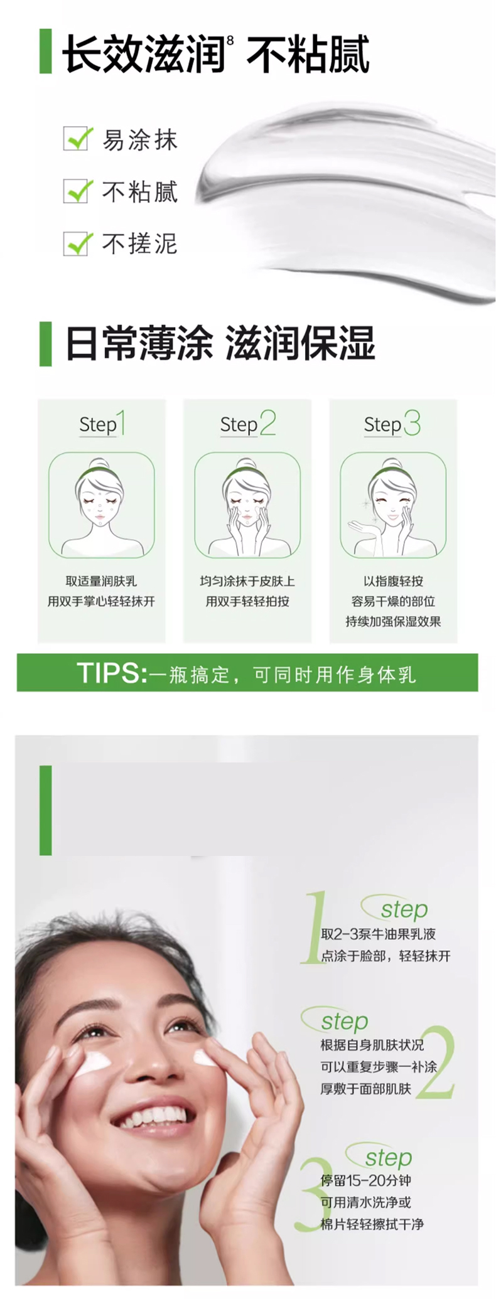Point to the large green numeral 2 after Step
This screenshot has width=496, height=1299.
[268, 422]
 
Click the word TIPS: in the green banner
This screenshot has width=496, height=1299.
[112, 673]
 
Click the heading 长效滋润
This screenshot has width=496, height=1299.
[144, 54]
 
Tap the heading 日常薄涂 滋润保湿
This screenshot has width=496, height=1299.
[220, 343]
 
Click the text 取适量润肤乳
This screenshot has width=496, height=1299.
[101, 581]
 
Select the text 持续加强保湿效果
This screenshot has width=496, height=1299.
[393, 621]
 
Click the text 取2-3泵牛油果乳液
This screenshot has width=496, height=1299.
[378, 934]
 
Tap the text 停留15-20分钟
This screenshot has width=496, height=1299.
[365, 1180]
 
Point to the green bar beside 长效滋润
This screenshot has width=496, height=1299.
[45, 51]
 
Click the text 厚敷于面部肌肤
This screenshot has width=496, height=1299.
[365, 1089]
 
